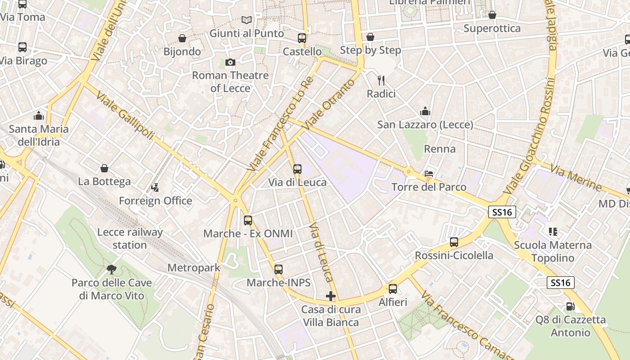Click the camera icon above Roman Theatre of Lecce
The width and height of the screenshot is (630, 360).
click(x=230, y=62)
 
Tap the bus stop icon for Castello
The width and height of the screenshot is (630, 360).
click(x=301, y=38)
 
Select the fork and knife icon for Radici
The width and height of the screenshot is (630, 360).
click(x=381, y=81)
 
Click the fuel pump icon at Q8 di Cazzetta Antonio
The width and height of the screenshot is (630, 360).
click(x=570, y=306)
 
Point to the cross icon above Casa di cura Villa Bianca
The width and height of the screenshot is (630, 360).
click(x=331, y=296)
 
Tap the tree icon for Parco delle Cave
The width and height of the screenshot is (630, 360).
click(x=112, y=270)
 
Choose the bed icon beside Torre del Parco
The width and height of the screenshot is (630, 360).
click(x=429, y=174)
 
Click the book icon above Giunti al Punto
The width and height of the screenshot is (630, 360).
click(x=246, y=20)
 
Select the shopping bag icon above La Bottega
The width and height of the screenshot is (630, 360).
click(x=104, y=168)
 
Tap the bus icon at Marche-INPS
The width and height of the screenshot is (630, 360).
click(x=279, y=270)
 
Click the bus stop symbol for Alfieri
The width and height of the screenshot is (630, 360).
click(x=393, y=289)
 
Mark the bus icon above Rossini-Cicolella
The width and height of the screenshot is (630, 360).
click(x=454, y=242)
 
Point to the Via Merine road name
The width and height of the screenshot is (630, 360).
click(x=576, y=178)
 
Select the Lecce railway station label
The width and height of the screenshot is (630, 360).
click(x=130, y=238)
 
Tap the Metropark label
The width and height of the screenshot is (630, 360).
click(x=193, y=268)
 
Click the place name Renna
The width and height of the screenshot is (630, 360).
click(x=440, y=149)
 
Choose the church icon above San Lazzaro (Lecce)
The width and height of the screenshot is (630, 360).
click(x=425, y=111)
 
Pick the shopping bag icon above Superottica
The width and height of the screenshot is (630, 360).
click(x=492, y=15)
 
